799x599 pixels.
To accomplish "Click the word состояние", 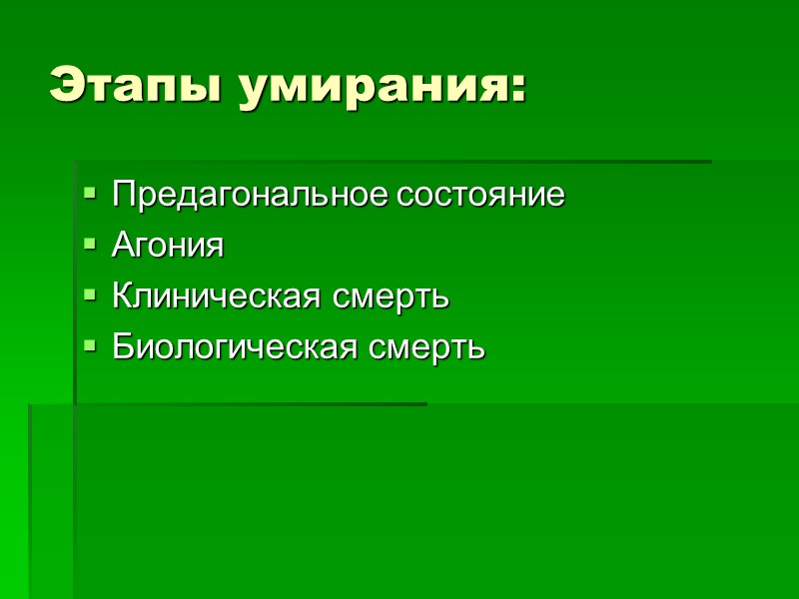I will click(x=481, y=195).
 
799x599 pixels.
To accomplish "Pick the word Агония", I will click(x=168, y=246).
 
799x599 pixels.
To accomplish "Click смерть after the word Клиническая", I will click(x=393, y=297).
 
